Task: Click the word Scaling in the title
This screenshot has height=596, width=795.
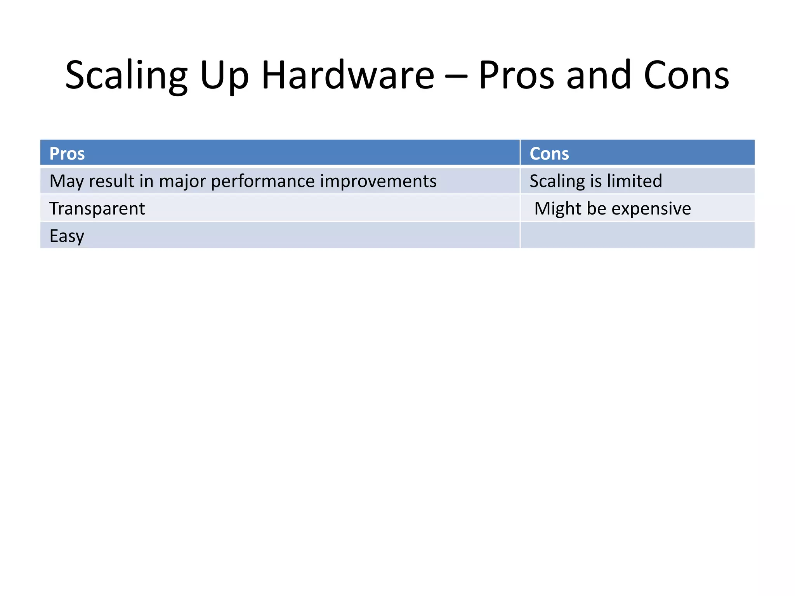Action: coord(126,76)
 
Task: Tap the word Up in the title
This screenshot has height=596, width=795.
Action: coord(224,76)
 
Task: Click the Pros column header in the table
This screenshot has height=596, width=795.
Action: coord(67,154)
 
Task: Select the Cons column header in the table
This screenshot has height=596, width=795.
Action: coord(549,154)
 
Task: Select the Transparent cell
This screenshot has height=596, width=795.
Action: coord(97,209)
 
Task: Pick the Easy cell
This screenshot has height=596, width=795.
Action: coord(67,236)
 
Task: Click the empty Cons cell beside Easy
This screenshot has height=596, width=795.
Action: coord(637,235)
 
